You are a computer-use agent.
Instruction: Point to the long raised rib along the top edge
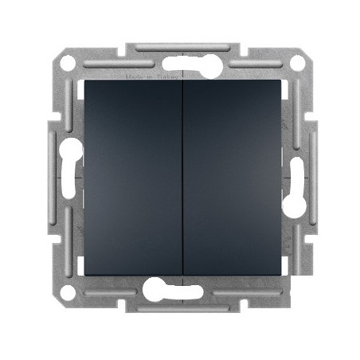click(x=179, y=49)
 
